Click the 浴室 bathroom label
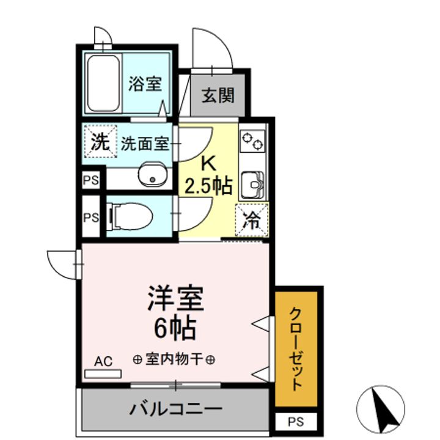(x=145, y=84)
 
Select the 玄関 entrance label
(x=218, y=95)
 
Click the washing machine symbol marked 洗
(x=99, y=142)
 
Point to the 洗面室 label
(x=144, y=144)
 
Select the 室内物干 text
(x=174, y=359)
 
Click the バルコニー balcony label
(x=175, y=408)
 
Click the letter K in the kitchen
(x=208, y=163)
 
